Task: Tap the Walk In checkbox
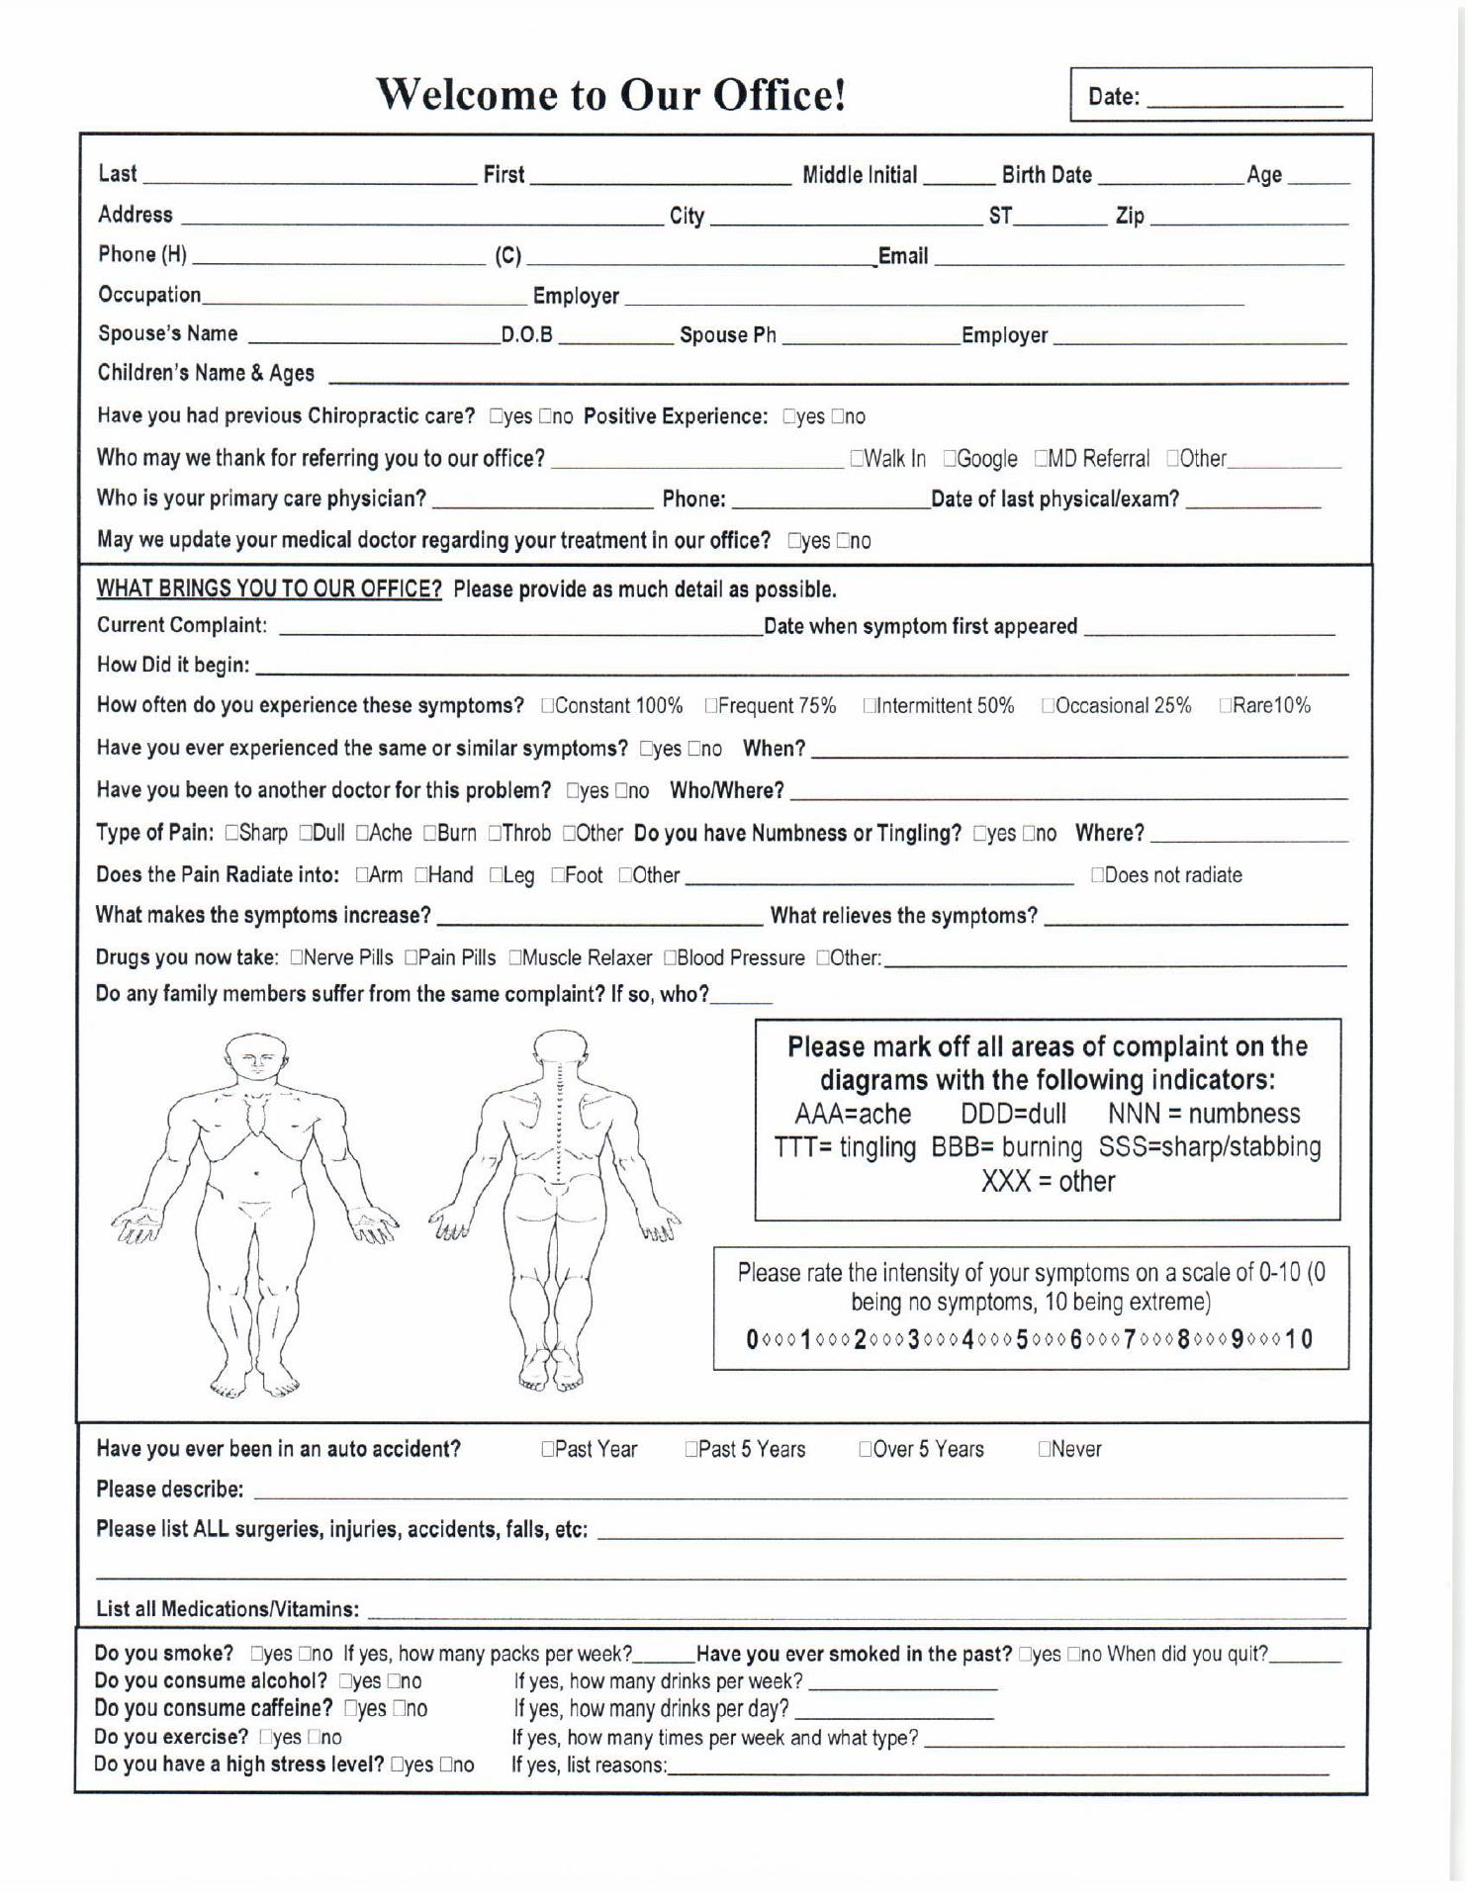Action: [857, 459]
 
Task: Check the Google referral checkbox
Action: [950, 459]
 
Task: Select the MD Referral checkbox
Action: [1042, 459]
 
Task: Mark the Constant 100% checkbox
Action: [547, 706]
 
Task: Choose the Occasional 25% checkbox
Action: [1048, 706]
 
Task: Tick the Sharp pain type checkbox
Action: [231, 834]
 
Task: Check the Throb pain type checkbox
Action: [495, 834]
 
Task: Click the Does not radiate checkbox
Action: [1097, 875]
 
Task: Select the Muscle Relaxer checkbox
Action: [514, 958]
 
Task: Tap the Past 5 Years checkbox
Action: [691, 1450]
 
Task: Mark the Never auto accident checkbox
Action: [1045, 1450]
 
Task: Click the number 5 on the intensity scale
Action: [1022, 1340]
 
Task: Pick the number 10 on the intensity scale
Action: [1300, 1340]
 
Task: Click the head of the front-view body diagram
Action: [256, 1060]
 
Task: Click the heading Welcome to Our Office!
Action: [611, 95]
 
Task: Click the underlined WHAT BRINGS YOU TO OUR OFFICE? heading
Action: [269, 590]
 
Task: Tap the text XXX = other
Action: [1048, 1182]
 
